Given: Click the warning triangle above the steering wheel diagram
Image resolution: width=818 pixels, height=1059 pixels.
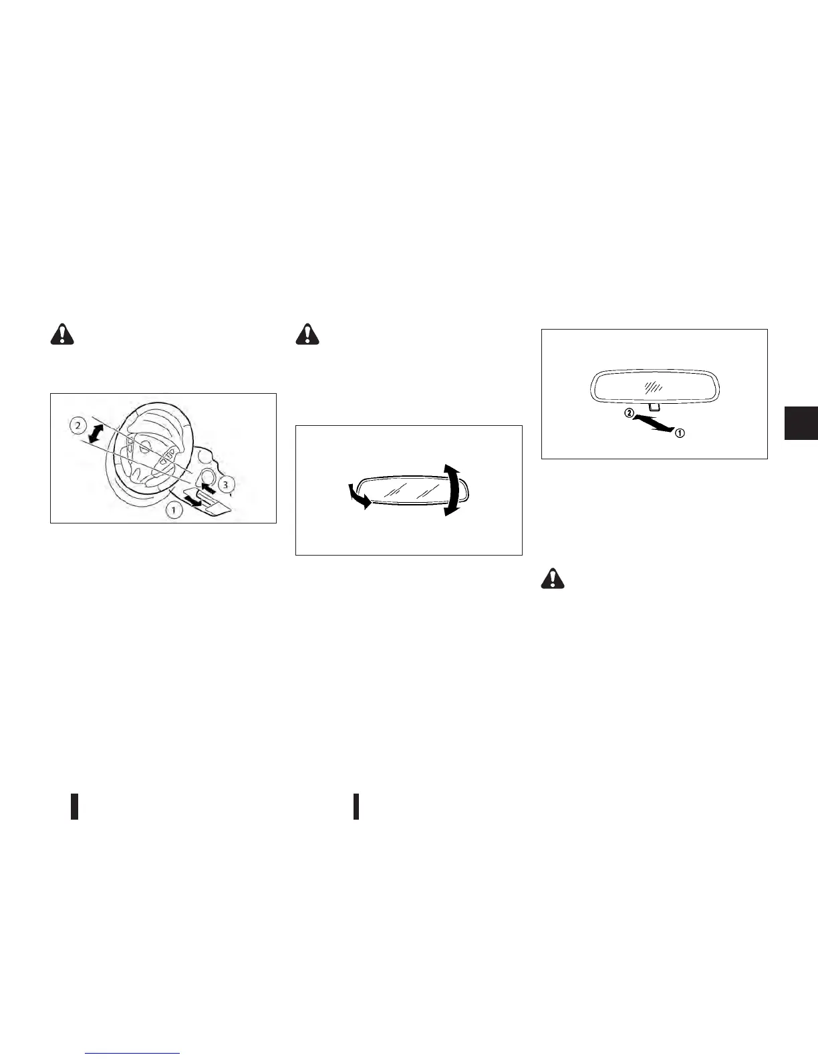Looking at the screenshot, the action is [x=62, y=334].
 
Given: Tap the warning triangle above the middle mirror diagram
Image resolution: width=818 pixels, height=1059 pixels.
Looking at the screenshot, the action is [x=308, y=334].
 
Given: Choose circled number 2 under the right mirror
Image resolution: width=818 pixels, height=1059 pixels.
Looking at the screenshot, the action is [x=629, y=414].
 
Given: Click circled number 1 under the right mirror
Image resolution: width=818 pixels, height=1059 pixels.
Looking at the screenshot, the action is [x=679, y=433].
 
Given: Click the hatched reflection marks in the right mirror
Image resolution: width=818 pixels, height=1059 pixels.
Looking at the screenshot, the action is [x=650, y=387].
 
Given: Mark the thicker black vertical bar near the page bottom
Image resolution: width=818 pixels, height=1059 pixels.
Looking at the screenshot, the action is [x=75, y=806].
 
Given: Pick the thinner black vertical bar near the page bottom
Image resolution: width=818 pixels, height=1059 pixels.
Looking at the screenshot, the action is [x=356, y=806].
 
